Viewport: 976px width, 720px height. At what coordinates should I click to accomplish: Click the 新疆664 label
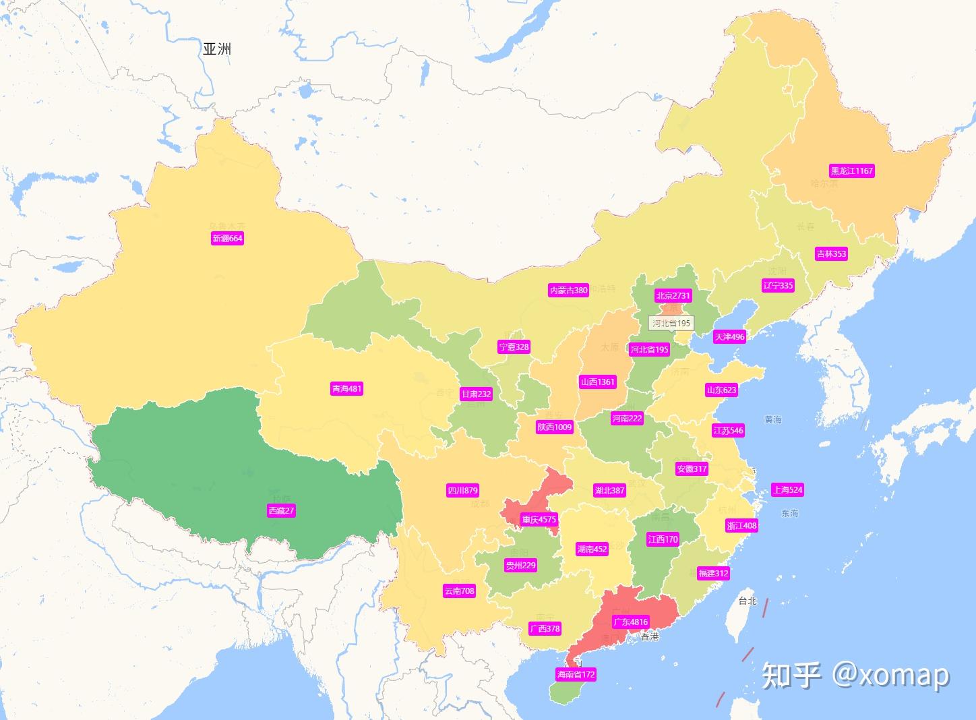[x=227, y=238]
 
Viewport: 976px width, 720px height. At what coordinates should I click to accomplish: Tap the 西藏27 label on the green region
[x=281, y=510]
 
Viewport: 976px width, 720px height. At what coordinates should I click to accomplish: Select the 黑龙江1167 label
[x=851, y=171]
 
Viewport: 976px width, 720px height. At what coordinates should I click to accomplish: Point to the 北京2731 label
[x=673, y=295]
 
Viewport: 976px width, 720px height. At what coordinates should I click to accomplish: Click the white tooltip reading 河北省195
[x=671, y=323]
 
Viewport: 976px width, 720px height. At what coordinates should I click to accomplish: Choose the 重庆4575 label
[x=539, y=519]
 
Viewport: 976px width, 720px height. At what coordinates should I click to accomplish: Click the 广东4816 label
[x=630, y=622]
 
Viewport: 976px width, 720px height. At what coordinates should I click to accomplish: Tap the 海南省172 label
[x=576, y=674]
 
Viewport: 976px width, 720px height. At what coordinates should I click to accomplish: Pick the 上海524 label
[x=787, y=489]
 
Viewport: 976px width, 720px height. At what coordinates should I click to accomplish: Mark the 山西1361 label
[x=597, y=382]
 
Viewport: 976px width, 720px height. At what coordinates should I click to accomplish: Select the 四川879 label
[x=462, y=490]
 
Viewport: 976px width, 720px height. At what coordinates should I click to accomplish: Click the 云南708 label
[x=459, y=591]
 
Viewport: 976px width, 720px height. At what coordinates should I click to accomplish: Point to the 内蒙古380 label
[x=568, y=290]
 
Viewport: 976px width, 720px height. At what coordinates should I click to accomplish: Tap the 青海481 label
[x=346, y=388]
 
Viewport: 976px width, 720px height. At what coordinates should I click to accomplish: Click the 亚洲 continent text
[x=217, y=49]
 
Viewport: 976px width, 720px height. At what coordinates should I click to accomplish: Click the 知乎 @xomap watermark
[x=855, y=674]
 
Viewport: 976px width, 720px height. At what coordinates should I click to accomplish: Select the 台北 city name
[x=748, y=601]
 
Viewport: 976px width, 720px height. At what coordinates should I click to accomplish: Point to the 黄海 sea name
[x=773, y=419]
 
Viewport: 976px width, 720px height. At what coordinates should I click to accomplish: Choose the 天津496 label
[x=729, y=336]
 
